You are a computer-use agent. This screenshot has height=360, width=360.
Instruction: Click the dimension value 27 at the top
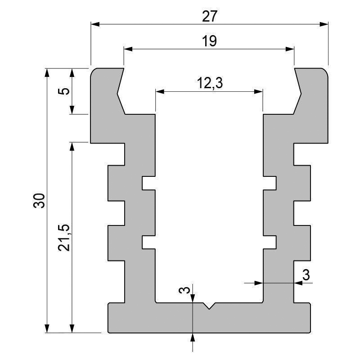[x=210, y=16]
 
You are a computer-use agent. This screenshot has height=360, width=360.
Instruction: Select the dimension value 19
[x=210, y=41]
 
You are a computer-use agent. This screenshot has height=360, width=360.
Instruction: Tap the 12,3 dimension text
[x=210, y=83]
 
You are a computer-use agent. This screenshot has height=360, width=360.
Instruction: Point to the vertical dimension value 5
[x=65, y=90]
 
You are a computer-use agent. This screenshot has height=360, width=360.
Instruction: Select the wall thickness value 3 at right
[x=306, y=275]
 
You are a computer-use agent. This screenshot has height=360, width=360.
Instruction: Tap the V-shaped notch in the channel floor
[x=209, y=306]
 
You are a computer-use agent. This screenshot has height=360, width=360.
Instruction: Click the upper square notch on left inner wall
[x=148, y=183]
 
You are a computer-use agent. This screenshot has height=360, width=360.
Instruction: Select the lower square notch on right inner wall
[x=270, y=242]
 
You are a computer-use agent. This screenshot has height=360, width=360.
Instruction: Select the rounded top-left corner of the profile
[x=93, y=71]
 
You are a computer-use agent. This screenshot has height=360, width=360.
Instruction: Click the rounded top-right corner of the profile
[x=325, y=71]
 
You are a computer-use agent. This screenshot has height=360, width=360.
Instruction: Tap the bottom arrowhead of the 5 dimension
[x=71, y=110]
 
